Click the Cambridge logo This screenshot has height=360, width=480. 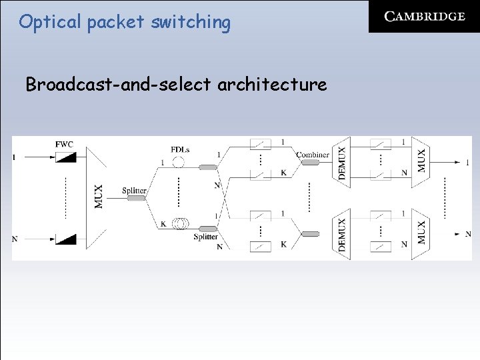424,17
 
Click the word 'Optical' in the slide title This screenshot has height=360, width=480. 44,22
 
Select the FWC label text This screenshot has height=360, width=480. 64,144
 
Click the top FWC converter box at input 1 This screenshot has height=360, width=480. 65,157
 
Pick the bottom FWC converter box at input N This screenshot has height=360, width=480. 65,239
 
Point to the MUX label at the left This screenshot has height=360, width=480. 98,196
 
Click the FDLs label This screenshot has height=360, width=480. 180,150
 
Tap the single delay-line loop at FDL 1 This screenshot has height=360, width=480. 178,161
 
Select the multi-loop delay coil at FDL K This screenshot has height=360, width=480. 179,223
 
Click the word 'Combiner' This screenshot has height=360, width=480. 312,155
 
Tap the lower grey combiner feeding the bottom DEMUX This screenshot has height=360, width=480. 311,234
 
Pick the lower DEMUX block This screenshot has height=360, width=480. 341,234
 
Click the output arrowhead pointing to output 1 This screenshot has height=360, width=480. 459,162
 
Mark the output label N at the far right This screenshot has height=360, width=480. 468,234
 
